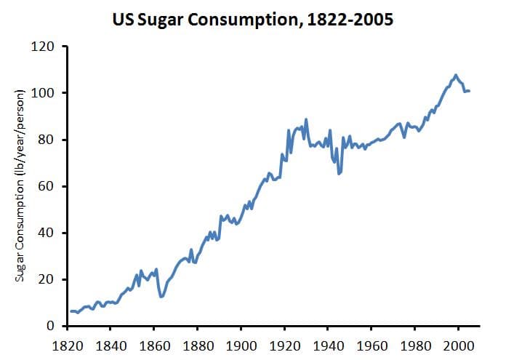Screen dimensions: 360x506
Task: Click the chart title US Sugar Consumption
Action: (x=253, y=20)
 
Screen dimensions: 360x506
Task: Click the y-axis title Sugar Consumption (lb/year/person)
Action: (x=21, y=185)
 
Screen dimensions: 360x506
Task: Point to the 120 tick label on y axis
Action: (x=45, y=47)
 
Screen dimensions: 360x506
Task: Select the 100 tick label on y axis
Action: (x=45, y=93)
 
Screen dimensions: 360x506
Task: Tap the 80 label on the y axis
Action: (x=48, y=140)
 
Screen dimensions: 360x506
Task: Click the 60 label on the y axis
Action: (x=48, y=186)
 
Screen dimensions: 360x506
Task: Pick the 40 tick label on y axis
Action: (x=48, y=233)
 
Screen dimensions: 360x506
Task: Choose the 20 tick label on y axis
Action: (x=48, y=279)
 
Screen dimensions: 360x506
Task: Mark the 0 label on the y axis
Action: (x=51, y=326)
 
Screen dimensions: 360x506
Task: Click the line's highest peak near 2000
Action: (x=456, y=75)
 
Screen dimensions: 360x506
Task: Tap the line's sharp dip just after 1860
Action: (x=161, y=296)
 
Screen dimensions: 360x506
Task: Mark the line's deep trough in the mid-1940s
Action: (x=339, y=174)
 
